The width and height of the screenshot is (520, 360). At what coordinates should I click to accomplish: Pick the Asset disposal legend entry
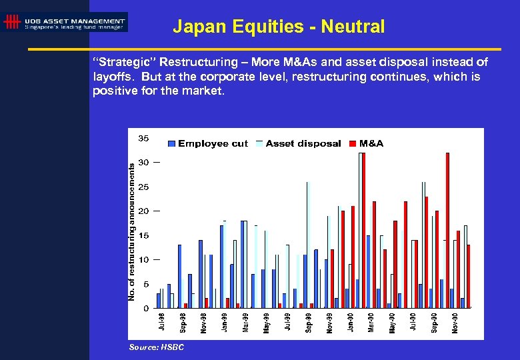(299, 143)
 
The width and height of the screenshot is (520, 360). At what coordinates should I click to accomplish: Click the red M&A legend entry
(367, 143)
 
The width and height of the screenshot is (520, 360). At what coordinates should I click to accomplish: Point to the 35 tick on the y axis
(143, 138)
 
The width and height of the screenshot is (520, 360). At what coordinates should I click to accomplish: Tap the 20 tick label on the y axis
(143, 211)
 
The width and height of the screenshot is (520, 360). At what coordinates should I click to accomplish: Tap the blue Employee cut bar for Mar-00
(368, 271)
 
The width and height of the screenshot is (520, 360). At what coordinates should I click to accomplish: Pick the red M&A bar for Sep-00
(437, 259)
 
